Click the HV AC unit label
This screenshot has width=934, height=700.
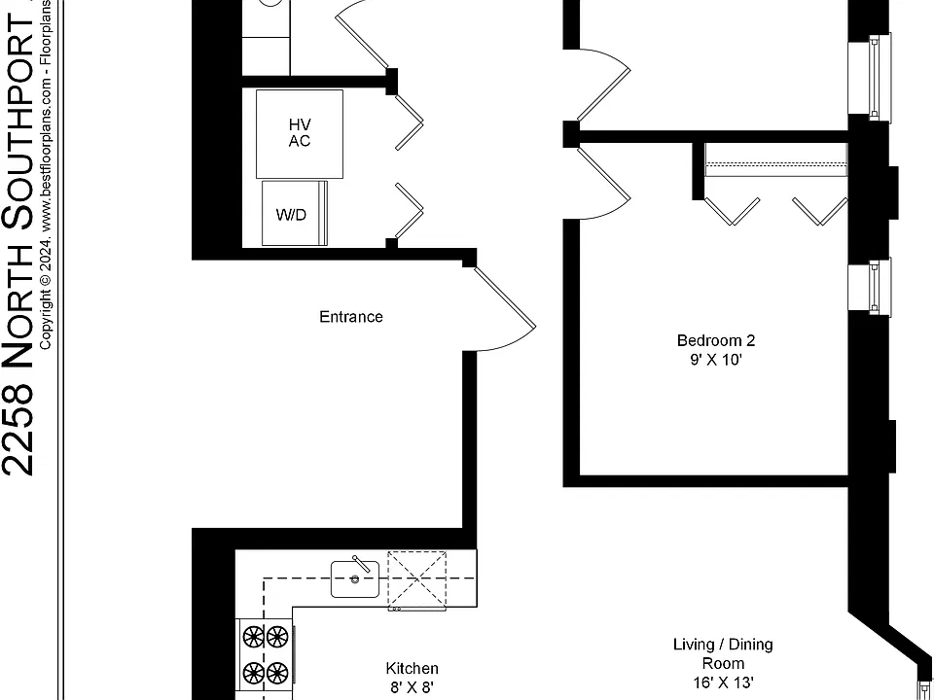tap(300, 133)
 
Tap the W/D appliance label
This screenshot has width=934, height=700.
tap(291, 215)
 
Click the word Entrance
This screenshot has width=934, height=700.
tap(351, 317)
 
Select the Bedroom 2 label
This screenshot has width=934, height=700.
tap(716, 340)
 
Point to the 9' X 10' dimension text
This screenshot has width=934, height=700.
tap(716, 360)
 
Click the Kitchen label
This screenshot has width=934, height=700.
tap(413, 669)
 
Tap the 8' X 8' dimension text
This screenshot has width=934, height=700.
tap(413, 688)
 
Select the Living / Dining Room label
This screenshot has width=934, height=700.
tap(723, 653)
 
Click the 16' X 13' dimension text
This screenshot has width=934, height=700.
tap(723, 682)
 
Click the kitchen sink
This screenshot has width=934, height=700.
tap(355, 578)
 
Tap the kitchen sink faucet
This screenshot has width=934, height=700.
tap(361, 564)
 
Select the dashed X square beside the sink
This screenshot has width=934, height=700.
tap(417, 579)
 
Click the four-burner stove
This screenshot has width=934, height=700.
tap(266, 655)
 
